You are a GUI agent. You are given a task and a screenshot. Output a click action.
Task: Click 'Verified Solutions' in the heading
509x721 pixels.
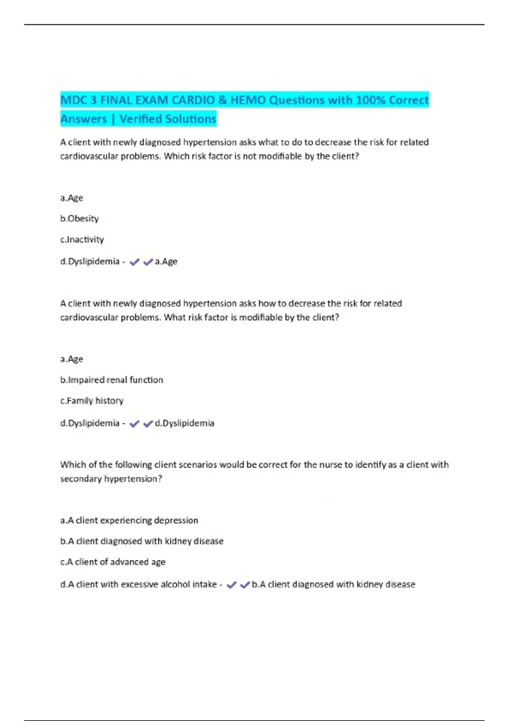[168, 119]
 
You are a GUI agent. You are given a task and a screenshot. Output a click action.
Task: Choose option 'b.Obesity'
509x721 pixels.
[79, 219]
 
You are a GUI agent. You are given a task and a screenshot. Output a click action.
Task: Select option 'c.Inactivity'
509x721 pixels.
[82, 240]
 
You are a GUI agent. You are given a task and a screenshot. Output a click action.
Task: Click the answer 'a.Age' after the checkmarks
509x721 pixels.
[166, 262]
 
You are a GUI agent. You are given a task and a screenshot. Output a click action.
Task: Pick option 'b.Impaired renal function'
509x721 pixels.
[112, 380]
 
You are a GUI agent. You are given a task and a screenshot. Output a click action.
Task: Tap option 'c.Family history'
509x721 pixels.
[92, 401]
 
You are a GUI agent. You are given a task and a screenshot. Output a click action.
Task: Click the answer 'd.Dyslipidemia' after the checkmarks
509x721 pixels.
[184, 423]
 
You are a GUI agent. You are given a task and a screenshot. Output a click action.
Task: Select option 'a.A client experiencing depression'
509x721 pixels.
[129, 520]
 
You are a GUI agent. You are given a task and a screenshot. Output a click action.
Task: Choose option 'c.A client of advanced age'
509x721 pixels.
[112, 562]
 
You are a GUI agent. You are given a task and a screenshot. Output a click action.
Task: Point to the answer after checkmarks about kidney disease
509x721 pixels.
[333, 584]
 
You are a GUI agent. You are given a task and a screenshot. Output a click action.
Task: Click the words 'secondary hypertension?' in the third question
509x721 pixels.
[111, 479]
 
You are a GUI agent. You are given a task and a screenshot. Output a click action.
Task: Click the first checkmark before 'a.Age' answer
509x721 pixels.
[134, 262]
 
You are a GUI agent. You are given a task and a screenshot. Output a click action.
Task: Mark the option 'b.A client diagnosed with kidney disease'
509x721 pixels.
[142, 541]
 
